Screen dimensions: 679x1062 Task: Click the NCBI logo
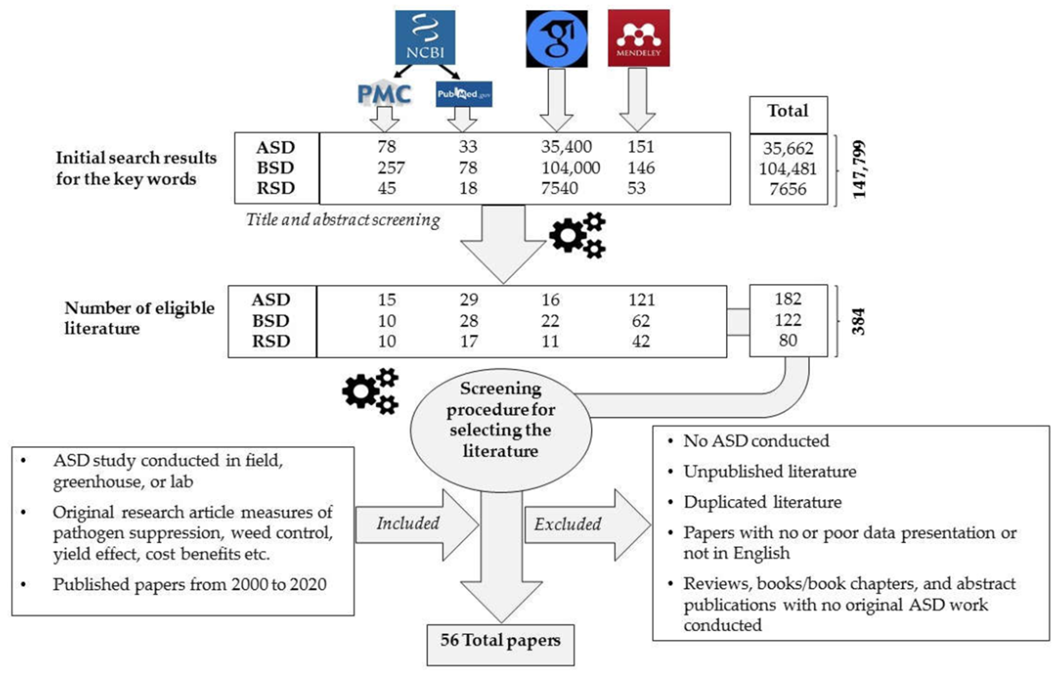tap(425, 38)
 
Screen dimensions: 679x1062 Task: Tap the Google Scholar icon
tap(557, 39)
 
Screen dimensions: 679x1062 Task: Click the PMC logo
tap(384, 94)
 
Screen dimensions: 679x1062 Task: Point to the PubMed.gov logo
tap(463, 94)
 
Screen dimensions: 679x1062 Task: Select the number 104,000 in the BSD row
tap(570, 168)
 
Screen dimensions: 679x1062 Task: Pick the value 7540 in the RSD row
tap(559, 188)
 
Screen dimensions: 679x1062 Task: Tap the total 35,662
tap(788, 149)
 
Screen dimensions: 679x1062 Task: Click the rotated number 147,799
tap(859, 169)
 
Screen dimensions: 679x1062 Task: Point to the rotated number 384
tap(858, 321)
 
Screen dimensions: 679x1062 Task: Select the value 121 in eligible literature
tap(641, 300)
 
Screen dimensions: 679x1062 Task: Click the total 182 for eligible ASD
tap(788, 299)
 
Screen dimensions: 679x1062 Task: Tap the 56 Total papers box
tap(500, 644)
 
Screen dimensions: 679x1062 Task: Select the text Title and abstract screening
tap(342, 219)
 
